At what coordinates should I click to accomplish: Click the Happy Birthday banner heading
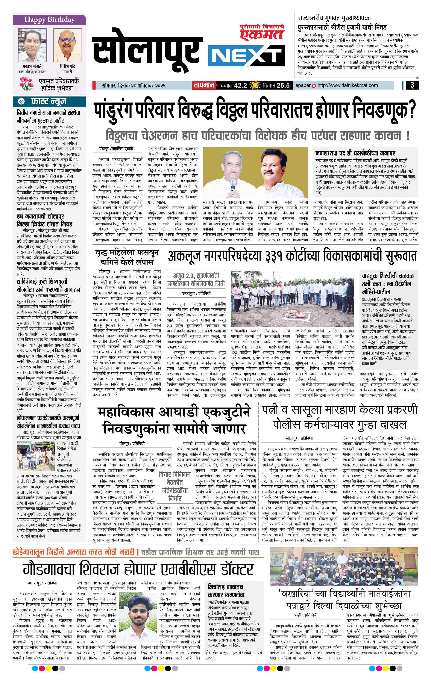[x=50, y=20]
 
